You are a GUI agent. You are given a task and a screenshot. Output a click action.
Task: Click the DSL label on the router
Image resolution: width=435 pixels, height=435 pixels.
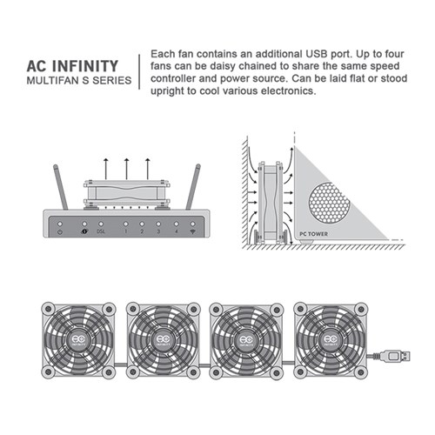click(101, 232)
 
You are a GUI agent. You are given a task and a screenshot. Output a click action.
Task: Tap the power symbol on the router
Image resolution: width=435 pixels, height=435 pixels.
click(57, 232)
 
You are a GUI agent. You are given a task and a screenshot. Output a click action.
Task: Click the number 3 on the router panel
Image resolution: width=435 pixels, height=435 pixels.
click(158, 232)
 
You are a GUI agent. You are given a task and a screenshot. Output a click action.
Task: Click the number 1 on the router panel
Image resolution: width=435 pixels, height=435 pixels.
click(125, 232)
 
